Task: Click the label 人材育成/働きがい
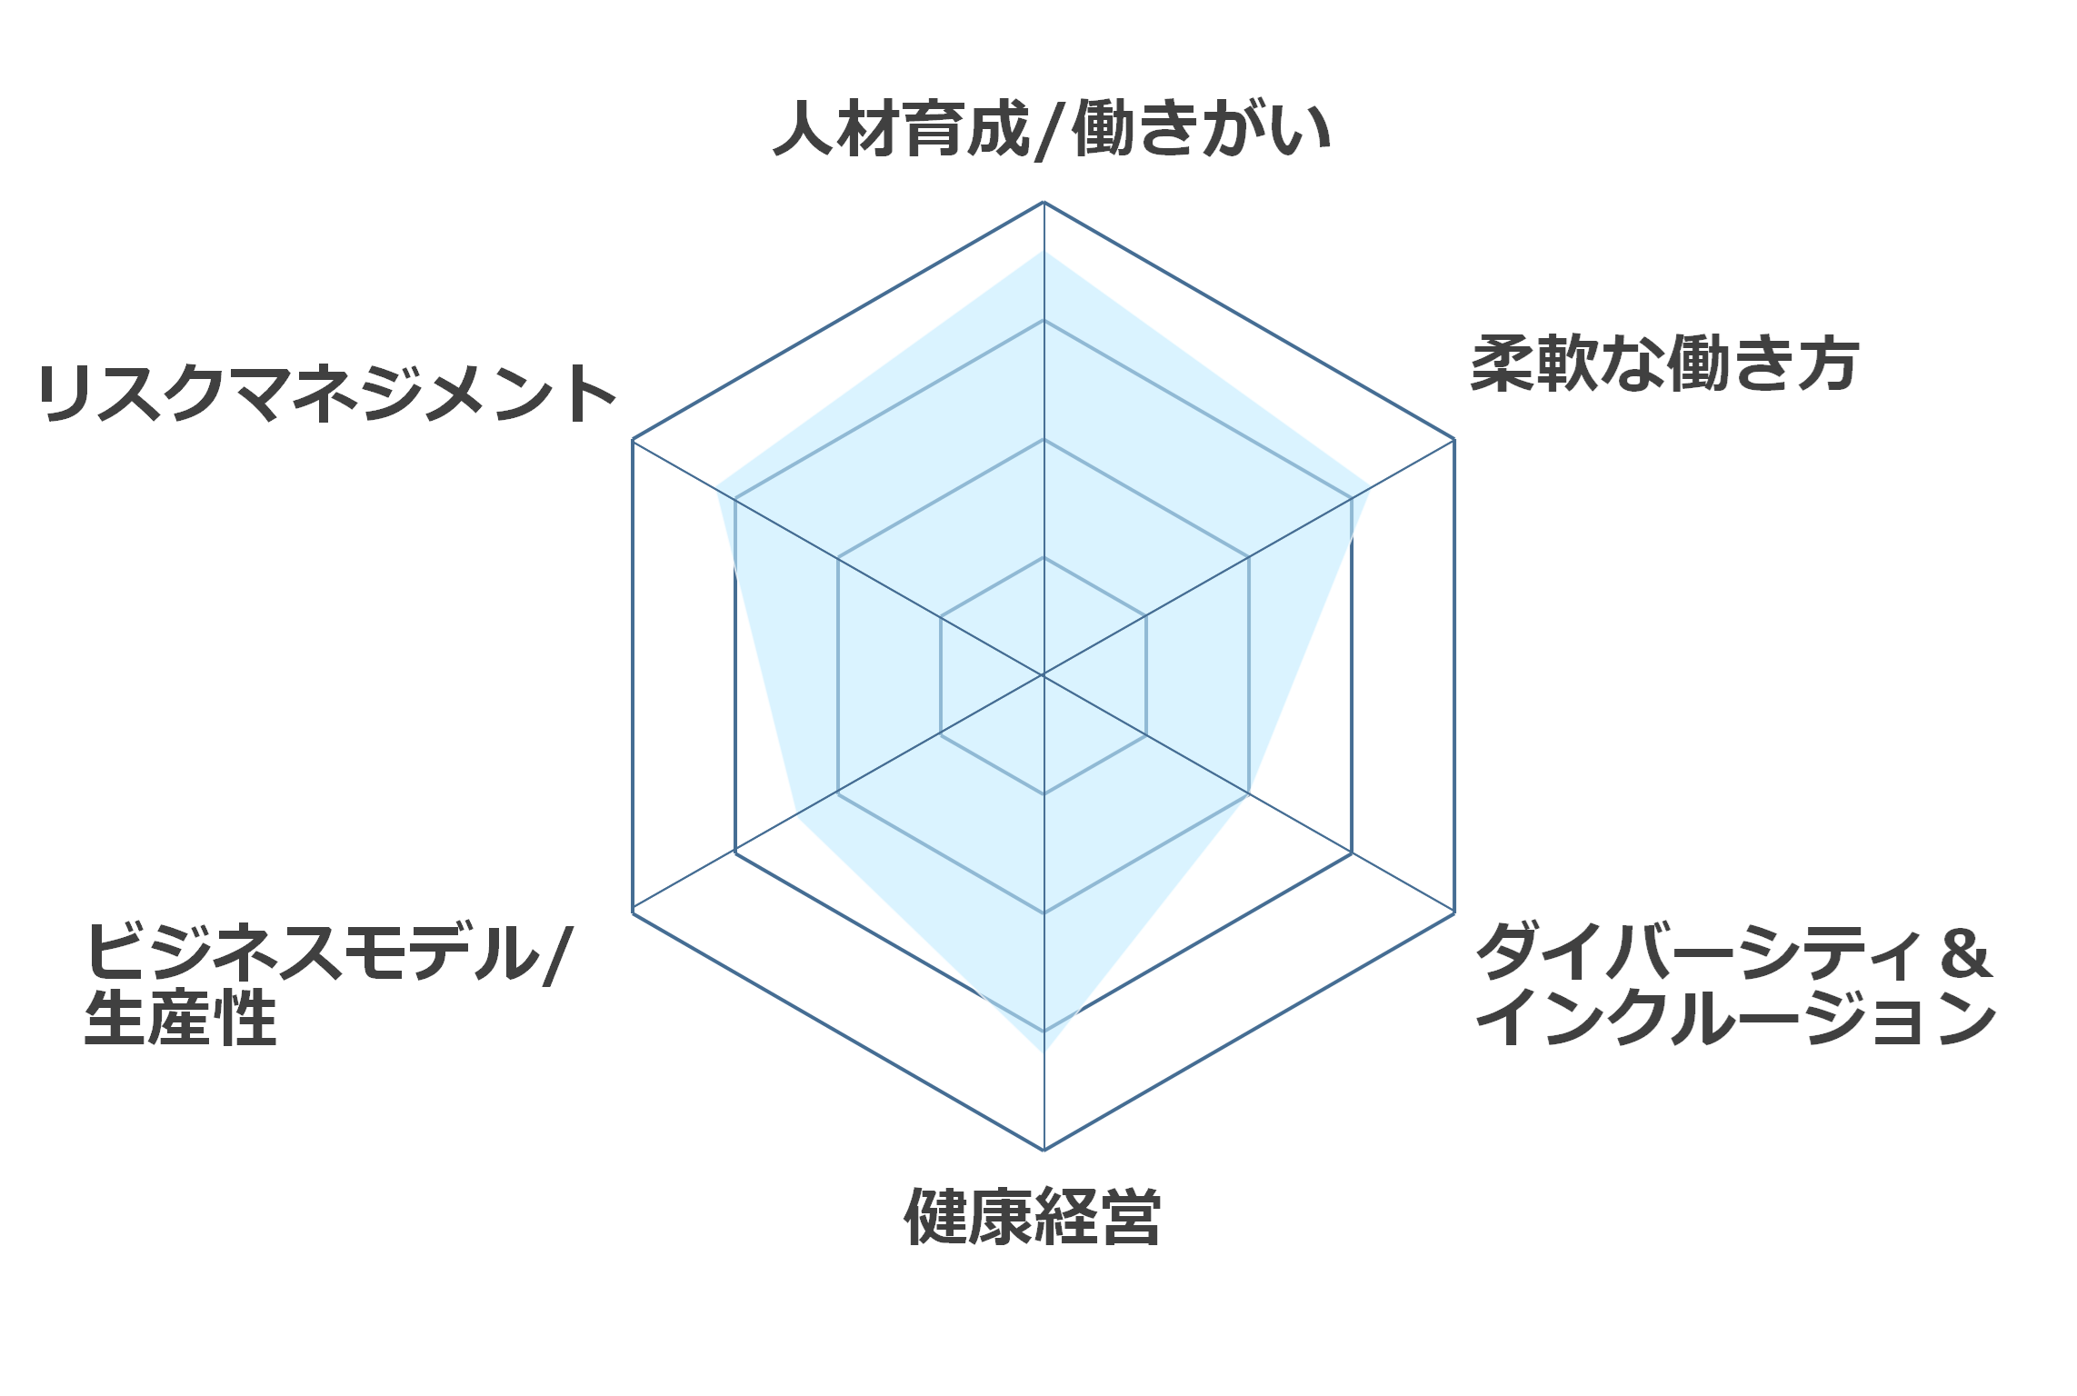(1052, 130)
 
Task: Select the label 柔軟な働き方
(1664, 364)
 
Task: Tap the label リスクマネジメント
(327, 394)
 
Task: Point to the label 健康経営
(1033, 1216)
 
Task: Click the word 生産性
(180, 1018)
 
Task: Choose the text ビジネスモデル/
(328, 952)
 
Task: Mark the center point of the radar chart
(1043, 675)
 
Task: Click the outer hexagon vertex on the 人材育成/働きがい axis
(1043, 202)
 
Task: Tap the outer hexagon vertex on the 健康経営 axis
(1043, 1150)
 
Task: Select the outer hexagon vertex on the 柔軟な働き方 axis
(1454, 439)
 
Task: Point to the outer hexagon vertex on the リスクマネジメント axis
(633, 439)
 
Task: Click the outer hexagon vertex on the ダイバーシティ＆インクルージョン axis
(1454, 912)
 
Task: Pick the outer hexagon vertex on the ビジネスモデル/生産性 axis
(633, 912)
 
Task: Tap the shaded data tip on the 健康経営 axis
(1043, 1052)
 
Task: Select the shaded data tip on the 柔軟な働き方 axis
(1369, 488)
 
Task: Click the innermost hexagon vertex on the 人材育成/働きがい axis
(1043, 557)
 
